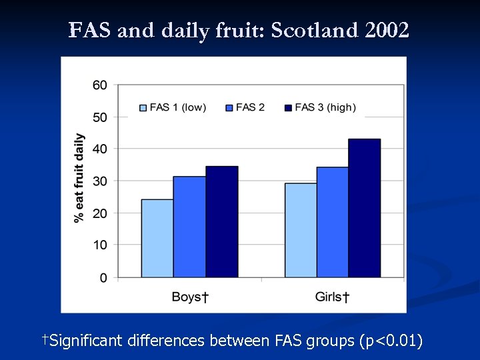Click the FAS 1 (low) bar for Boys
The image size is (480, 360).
coord(157,238)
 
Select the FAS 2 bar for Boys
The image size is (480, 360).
coord(189,227)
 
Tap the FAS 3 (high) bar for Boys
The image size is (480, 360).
coord(221,221)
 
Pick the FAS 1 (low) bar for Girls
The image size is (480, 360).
coord(301,230)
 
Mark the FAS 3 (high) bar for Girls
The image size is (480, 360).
coord(364,208)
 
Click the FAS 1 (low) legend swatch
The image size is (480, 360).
coord(143,107)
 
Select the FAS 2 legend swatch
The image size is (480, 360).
coord(229,107)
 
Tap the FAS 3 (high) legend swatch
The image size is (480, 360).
coord(288,107)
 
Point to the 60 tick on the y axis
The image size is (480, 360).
coord(100,85)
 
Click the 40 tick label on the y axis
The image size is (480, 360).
coord(100,149)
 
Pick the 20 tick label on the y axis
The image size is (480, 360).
coord(100,213)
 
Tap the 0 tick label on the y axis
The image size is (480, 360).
coord(103,277)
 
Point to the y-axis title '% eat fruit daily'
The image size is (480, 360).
coord(79,178)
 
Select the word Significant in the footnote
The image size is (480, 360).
coord(86,341)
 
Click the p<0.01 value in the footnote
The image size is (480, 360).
coord(390,341)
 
